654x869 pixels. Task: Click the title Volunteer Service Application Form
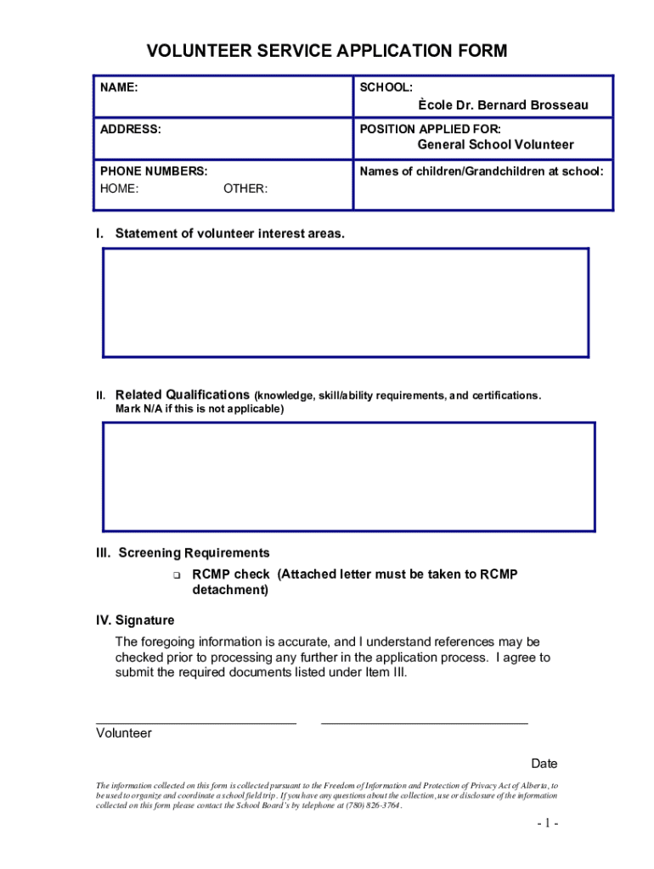pos(327,51)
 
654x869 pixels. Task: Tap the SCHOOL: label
pos(386,87)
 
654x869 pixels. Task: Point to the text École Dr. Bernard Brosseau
pos(503,105)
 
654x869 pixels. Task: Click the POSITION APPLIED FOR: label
pos(430,129)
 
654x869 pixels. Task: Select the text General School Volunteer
pos(495,145)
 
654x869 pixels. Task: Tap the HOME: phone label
pos(120,188)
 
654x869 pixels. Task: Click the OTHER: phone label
pos(245,188)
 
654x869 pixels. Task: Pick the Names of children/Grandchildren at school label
pos(482,171)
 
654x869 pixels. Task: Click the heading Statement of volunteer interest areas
pos(229,233)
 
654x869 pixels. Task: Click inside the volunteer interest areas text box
pos(345,302)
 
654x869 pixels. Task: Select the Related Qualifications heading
pos(182,395)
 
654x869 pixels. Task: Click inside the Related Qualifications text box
pos(348,476)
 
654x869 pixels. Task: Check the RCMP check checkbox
pos(177,575)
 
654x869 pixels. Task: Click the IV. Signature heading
pos(135,620)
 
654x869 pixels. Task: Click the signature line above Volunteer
pos(195,721)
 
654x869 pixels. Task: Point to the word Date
pos(544,764)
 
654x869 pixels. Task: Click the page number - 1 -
pos(546,823)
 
